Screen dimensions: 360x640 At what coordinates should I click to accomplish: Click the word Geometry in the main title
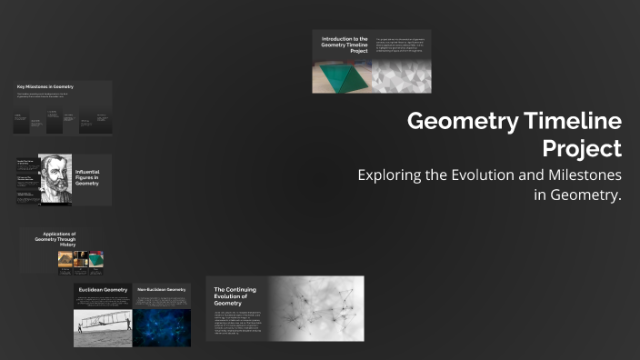click(x=460, y=122)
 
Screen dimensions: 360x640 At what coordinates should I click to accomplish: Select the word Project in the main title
click(x=582, y=148)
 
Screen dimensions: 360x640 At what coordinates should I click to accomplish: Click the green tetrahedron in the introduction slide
click(x=344, y=77)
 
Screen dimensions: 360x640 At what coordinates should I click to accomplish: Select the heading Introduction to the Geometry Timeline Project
click(x=345, y=45)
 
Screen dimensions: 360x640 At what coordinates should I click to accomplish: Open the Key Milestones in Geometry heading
click(x=45, y=87)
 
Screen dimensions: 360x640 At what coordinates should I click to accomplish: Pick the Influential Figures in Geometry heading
click(x=87, y=177)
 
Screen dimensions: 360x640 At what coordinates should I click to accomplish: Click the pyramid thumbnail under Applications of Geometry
click(x=65, y=260)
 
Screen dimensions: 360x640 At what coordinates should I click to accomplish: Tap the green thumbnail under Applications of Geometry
click(x=95, y=260)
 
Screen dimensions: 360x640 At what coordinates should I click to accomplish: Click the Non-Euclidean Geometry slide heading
click(x=161, y=290)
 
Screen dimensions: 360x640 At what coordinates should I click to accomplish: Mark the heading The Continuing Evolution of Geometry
click(x=235, y=295)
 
